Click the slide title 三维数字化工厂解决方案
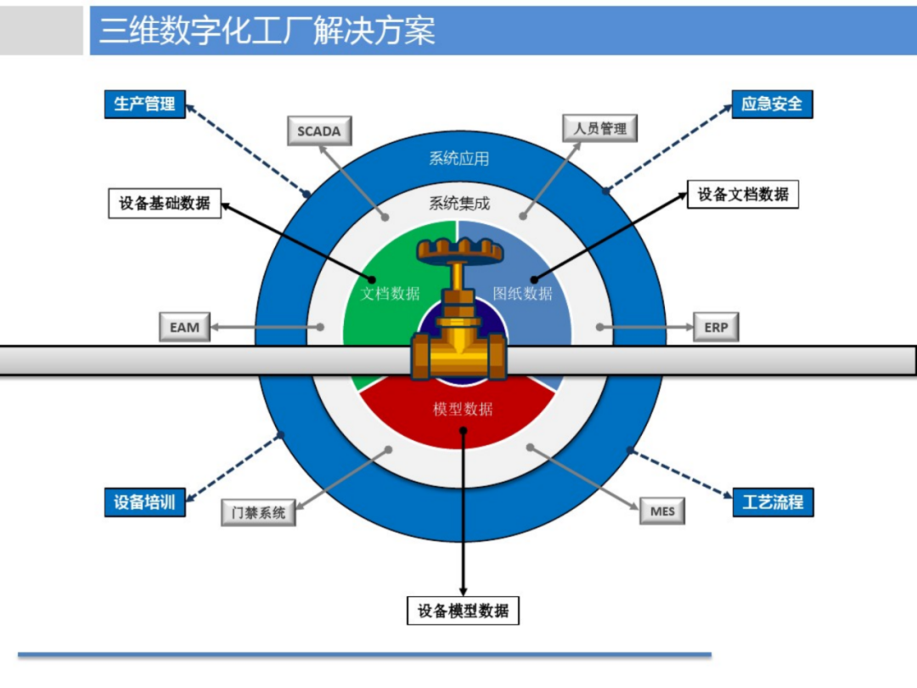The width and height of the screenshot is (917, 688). click(x=267, y=31)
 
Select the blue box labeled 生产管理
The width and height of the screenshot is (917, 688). click(x=144, y=104)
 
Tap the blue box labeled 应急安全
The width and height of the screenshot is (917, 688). click(x=772, y=104)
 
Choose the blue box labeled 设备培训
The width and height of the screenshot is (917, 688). click(x=144, y=502)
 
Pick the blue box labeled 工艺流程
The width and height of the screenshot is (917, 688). click(x=773, y=502)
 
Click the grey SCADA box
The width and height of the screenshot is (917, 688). click(x=318, y=132)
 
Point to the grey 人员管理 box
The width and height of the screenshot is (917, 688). click(x=599, y=128)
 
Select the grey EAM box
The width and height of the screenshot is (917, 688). click(x=184, y=327)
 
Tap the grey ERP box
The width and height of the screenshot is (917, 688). click(x=716, y=327)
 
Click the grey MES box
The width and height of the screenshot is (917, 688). click(x=662, y=511)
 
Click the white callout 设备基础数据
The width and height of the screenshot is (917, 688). click(x=165, y=204)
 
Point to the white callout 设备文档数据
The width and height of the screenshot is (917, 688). click(x=743, y=195)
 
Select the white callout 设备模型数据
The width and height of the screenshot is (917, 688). click(x=463, y=611)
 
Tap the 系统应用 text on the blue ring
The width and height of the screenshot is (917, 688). click(x=458, y=158)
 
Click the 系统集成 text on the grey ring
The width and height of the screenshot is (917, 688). click(x=458, y=203)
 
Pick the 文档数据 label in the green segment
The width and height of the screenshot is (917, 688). click(x=390, y=294)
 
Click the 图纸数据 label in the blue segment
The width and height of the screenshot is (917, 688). click(x=523, y=294)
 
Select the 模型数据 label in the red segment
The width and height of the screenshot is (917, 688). click(x=463, y=409)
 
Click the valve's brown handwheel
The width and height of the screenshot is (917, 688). click(x=458, y=250)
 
